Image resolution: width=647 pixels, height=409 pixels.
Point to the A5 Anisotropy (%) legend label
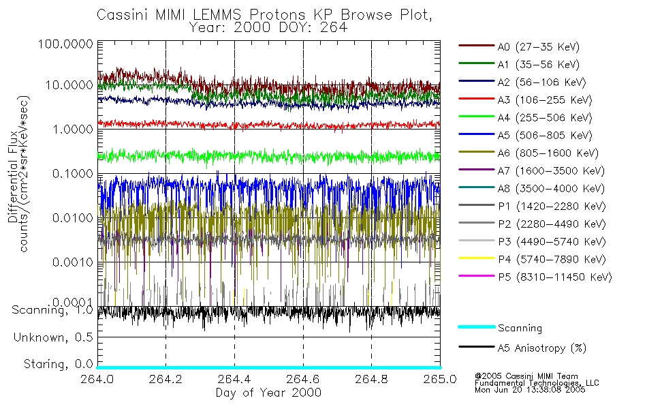542,349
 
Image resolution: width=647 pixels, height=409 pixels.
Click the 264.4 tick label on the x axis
234,379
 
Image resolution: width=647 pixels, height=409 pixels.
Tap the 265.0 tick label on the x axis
439,379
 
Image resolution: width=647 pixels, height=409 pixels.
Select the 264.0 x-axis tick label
98,379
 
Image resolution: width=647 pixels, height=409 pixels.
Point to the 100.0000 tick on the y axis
65,44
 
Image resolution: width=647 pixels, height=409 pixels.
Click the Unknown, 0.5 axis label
53,337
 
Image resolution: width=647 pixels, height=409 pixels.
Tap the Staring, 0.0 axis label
58,363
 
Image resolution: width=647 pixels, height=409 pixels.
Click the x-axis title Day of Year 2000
268,393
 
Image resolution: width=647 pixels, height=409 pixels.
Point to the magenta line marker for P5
475,277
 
